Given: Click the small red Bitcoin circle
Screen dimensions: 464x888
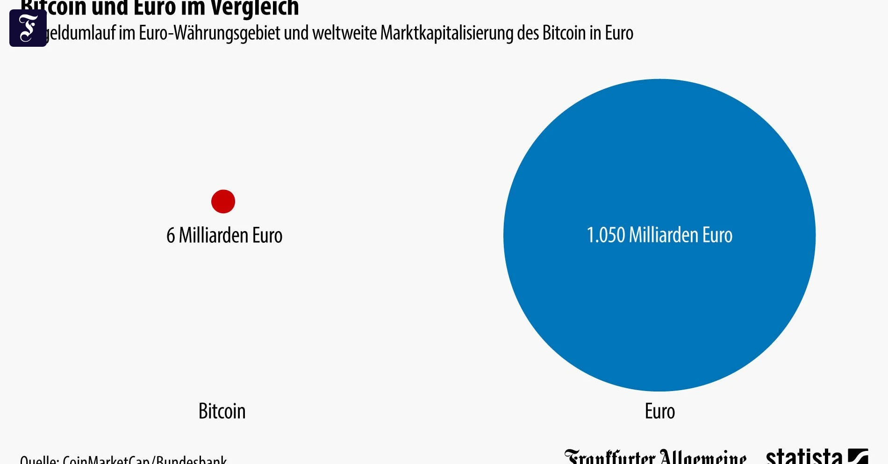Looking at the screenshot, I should click(223, 202).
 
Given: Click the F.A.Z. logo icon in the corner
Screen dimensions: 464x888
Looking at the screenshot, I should click(28, 28).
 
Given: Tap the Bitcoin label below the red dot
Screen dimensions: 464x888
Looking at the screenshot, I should click(222, 411).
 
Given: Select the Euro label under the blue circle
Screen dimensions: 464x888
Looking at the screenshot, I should click(659, 411).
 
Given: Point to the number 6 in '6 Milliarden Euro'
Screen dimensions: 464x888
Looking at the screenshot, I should click(171, 235).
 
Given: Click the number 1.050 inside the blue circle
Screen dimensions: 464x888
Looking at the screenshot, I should click(606, 235).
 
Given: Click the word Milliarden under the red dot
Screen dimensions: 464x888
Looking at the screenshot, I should click(214, 235).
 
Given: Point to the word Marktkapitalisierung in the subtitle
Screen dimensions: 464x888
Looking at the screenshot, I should click(447, 33).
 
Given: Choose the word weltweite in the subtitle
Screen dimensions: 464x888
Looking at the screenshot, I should click(344, 33).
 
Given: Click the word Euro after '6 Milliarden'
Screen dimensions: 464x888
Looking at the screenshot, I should click(267, 235).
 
